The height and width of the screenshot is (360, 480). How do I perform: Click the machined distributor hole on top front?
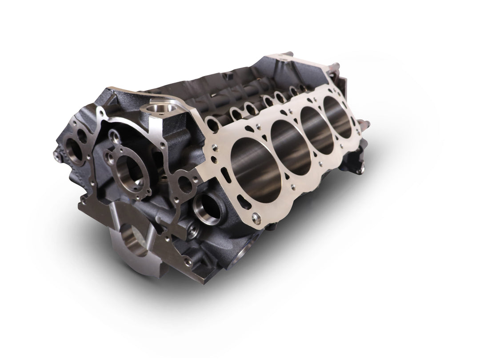[157, 109]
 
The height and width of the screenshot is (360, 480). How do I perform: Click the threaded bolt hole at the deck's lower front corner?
[256, 217]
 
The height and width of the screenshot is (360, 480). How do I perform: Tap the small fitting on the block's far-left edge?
[57, 155]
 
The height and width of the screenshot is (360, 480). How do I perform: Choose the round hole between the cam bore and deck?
[184, 184]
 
